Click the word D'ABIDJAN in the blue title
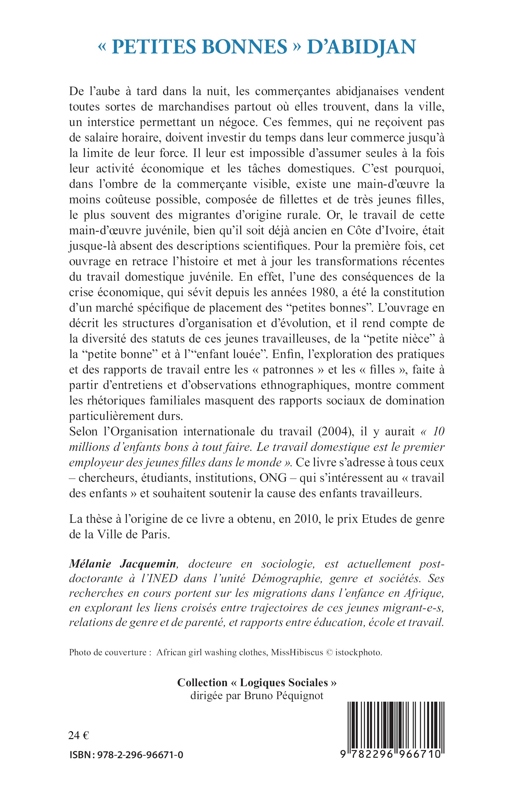pos(361,47)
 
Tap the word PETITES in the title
pos(154,47)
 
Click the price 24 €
pos(79,735)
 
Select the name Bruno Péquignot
pos(284,696)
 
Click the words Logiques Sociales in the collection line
pos(284,683)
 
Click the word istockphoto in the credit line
pos(360,652)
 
